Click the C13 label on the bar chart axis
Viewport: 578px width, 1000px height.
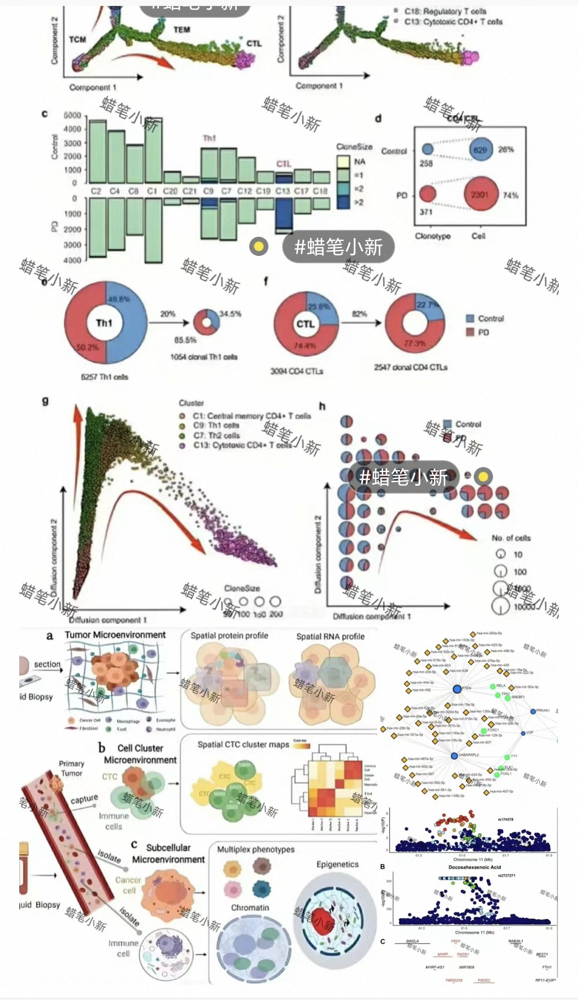point(282,191)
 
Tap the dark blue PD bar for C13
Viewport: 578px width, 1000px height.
point(284,214)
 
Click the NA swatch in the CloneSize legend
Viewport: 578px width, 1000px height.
point(343,162)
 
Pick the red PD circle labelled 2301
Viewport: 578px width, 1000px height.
point(480,194)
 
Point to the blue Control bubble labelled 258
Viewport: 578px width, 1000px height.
point(427,149)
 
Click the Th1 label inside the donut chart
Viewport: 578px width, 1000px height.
point(104,323)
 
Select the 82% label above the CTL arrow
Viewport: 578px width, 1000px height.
point(359,314)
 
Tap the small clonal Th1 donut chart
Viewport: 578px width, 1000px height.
point(206,323)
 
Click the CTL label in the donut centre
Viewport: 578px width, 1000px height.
point(305,324)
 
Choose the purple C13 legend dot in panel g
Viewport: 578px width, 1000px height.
point(182,445)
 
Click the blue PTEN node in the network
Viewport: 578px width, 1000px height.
point(456,689)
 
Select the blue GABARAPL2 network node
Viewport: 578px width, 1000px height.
point(454,756)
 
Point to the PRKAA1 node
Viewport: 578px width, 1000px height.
point(533,712)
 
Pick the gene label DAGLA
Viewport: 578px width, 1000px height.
point(412,941)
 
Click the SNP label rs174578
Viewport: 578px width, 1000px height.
point(505,819)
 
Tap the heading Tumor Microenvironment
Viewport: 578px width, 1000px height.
point(115,635)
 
